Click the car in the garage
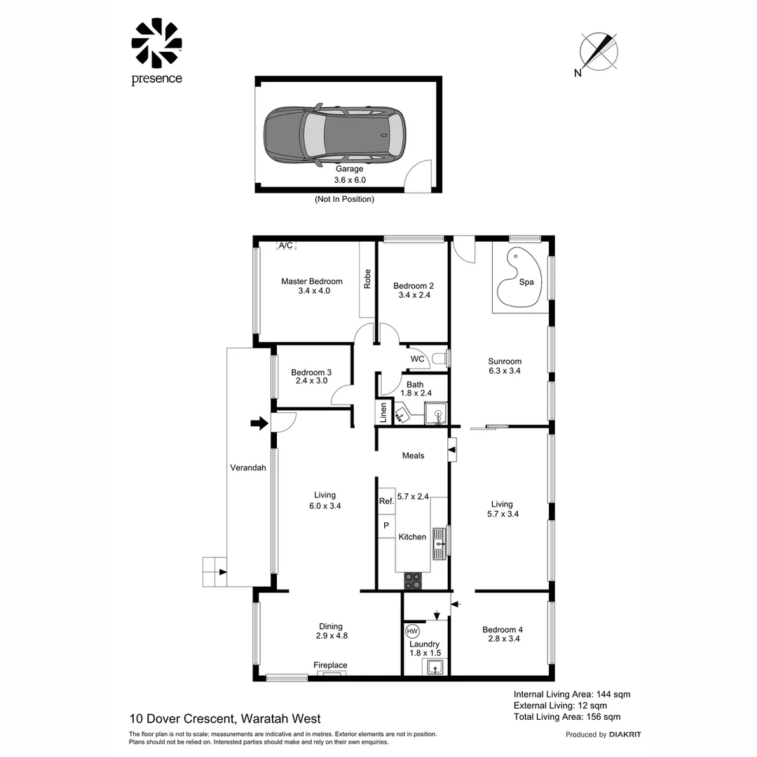coord(334,133)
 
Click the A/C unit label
coord(286,245)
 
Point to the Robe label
coord(367,280)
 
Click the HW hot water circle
coord(412,629)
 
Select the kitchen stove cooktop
coord(414,580)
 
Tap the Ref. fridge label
coord(386,501)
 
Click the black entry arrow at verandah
coord(259,423)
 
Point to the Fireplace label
coord(330,665)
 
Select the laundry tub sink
coord(435,667)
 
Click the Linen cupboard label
coord(383,411)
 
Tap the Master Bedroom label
coord(312,281)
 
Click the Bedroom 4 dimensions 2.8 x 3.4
coord(502,639)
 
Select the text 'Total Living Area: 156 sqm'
coord(567,716)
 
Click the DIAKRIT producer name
coord(625,735)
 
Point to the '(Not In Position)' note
coord(343,199)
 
